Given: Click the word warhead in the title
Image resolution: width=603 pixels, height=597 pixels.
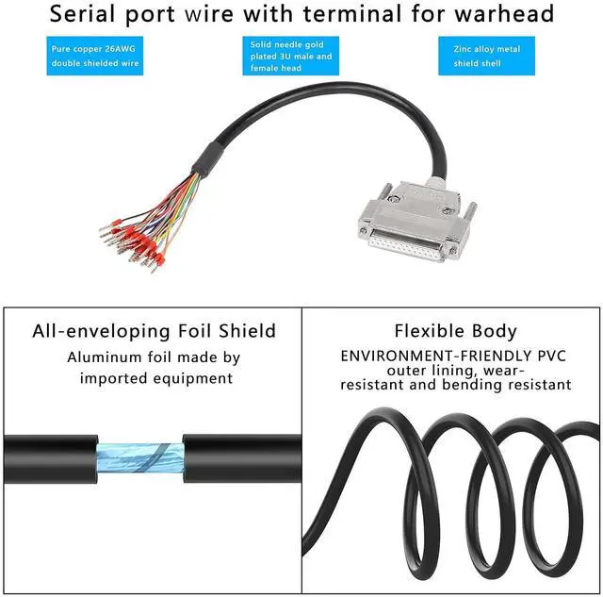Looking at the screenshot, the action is point(503,14).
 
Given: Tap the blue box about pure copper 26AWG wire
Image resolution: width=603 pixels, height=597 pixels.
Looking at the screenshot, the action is point(94,56).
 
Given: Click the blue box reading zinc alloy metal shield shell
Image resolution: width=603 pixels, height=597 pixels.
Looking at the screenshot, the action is point(485,56).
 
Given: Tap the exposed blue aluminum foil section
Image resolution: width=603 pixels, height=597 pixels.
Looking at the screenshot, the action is point(142,456).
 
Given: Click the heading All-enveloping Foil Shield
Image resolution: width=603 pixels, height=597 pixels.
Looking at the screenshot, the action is point(154,331).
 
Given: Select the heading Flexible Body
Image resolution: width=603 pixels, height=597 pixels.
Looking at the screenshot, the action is point(455,331).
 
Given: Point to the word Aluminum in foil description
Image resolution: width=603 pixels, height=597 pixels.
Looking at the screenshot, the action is point(104,357).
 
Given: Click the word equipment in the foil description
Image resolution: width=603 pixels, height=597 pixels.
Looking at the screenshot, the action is point(195,378).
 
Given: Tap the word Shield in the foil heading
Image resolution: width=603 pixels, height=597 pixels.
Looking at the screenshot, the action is point(246,331).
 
